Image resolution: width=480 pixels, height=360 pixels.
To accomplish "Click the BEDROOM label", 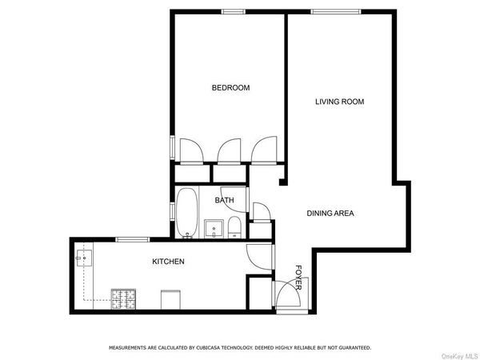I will click(230, 88).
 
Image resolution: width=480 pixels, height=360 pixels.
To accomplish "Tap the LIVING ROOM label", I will click(339, 102).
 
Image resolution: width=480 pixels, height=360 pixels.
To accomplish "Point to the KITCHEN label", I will click(169, 262).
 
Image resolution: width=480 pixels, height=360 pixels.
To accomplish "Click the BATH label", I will click(224, 200).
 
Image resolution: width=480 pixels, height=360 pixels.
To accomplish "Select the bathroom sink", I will click(214, 229).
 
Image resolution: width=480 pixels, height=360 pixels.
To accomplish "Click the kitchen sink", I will click(86, 258).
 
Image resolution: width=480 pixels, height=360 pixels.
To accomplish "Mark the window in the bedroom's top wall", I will click(233, 10).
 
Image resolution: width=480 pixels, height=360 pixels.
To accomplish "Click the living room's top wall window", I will click(329, 10).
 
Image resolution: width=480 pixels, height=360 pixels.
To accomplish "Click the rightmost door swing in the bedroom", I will click(262, 150).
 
